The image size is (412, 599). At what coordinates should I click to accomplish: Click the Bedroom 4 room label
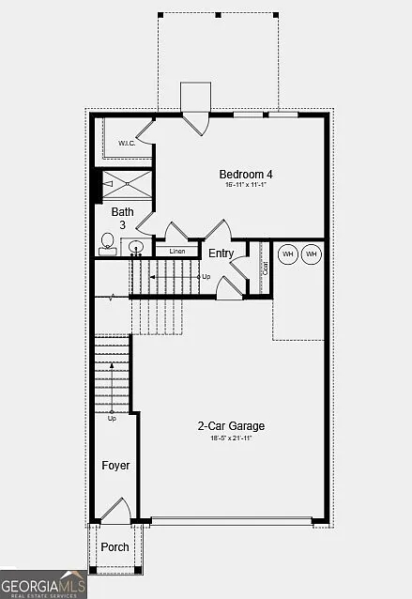pos(247,174)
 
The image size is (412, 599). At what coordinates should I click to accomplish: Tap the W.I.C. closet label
pos(127,143)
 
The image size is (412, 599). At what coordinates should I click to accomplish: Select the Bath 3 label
pos(122,218)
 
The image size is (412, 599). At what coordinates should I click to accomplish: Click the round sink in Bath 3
pos(136,248)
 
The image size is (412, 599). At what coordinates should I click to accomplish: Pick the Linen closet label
pos(175,252)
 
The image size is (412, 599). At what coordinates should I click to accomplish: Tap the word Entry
pos(221,253)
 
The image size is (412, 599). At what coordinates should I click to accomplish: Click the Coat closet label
pos(266,267)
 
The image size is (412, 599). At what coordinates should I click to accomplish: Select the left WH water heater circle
pos(287,253)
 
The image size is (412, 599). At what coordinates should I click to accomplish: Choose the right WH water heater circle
pos(312,253)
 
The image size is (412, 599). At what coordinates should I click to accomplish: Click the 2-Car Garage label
pos(231,425)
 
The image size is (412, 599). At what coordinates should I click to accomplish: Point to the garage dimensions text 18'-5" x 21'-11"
pos(231,438)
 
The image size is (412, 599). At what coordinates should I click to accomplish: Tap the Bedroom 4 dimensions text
pos(247,186)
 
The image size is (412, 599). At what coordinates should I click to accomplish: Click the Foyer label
pos(115,465)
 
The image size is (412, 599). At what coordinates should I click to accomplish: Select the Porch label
pos(114,546)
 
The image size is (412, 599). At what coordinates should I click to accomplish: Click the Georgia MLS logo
pos(43,584)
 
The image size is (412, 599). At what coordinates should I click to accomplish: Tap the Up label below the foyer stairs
pos(112,418)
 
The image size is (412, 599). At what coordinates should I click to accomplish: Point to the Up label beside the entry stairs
pos(206,277)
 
